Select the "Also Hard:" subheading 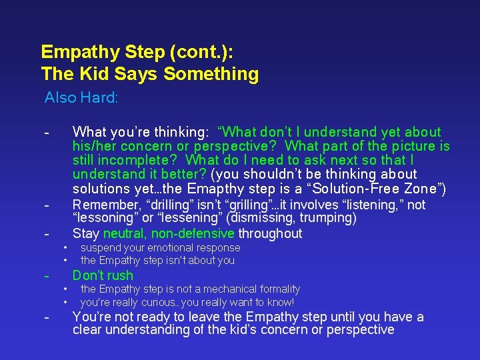(81, 98)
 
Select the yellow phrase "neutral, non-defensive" (169, 233)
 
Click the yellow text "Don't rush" (103, 275)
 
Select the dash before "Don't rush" (46, 275)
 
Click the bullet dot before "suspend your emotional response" (65, 247)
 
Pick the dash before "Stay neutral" (46, 233)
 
